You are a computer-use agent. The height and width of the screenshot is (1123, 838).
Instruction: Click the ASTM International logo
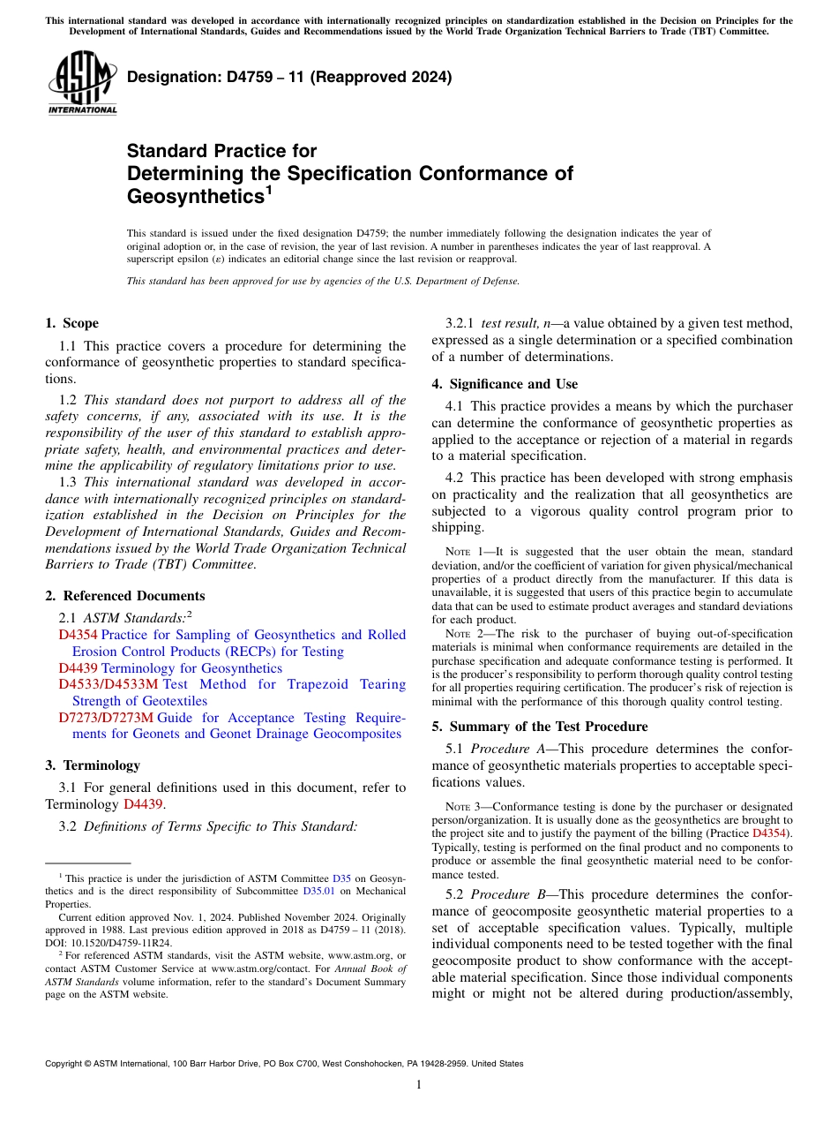click(x=82, y=84)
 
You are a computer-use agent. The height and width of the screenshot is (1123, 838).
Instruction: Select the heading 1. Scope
click(x=72, y=323)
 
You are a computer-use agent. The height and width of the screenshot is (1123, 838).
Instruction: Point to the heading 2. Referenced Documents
click(x=125, y=596)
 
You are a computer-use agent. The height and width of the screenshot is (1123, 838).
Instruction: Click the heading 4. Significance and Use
click(x=505, y=384)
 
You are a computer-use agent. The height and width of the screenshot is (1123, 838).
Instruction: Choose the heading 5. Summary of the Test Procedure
click(x=540, y=727)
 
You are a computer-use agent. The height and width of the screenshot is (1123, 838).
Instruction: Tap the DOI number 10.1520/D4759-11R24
click(x=116, y=942)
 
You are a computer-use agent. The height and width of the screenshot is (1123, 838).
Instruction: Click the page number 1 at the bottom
click(x=419, y=1085)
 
